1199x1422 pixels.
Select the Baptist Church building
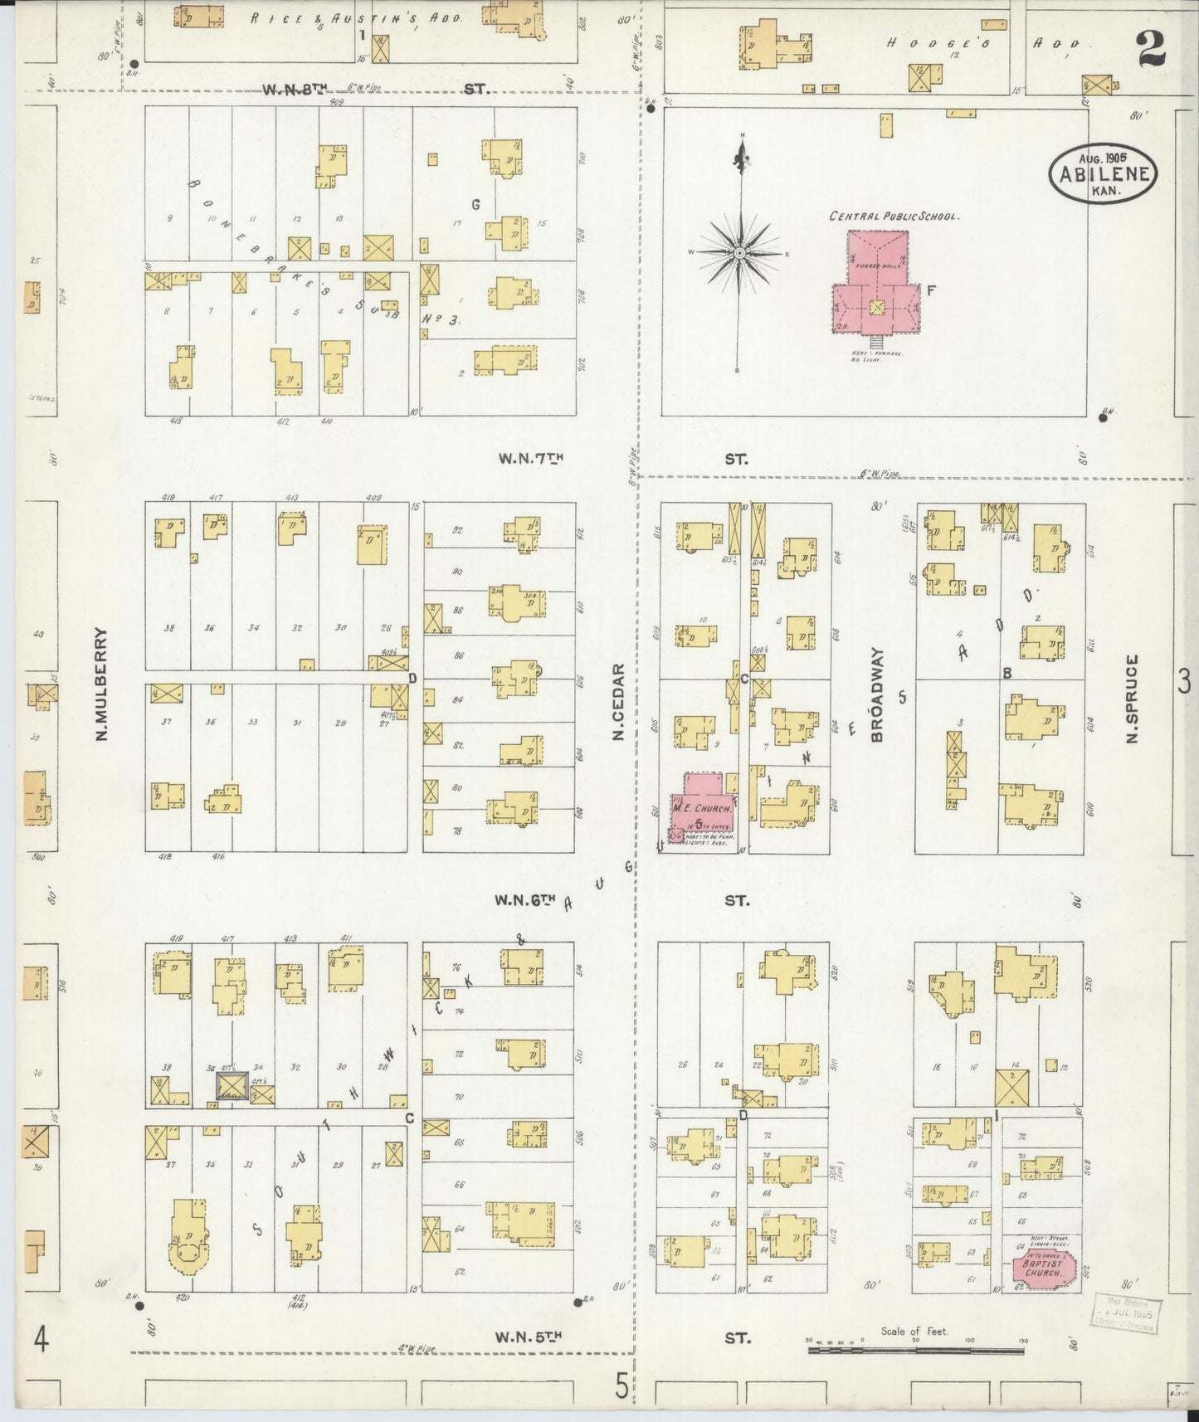click(x=1042, y=1269)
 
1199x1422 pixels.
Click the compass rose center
click(x=738, y=251)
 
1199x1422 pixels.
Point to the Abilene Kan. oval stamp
click(x=1103, y=173)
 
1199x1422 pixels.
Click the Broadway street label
click(x=878, y=694)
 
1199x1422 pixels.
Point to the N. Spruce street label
click(x=1133, y=699)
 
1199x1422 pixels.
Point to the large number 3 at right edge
click(x=1183, y=682)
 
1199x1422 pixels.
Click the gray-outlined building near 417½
click(x=232, y=1086)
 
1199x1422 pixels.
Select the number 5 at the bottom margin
click(x=621, y=1385)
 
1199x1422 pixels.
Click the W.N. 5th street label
click(x=529, y=1337)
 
